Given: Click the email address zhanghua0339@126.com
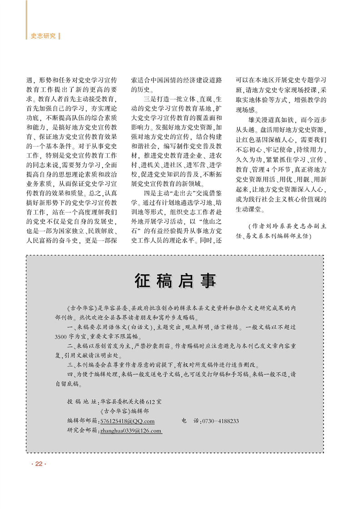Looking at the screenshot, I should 131,431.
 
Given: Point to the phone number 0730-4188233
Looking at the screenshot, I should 221,421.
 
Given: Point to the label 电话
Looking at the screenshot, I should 190,421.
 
